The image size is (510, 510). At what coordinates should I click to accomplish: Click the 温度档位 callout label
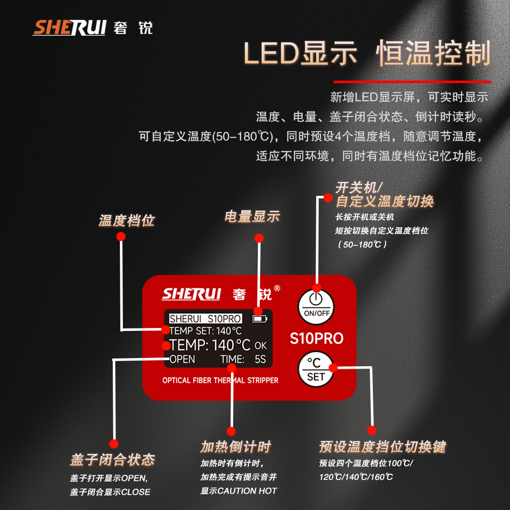click(x=126, y=221)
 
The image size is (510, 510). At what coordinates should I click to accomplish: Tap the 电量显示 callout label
click(x=252, y=216)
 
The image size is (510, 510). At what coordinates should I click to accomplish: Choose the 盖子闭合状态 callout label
click(x=112, y=460)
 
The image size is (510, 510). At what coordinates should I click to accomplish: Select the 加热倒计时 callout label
click(x=235, y=447)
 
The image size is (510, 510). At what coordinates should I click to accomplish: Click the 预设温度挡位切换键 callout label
click(x=382, y=447)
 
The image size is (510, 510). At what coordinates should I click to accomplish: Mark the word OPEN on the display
click(x=182, y=359)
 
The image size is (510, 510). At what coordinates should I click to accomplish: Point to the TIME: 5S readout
click(x=243, y=359)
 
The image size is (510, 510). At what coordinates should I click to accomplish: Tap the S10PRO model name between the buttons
click(x=316, y=339)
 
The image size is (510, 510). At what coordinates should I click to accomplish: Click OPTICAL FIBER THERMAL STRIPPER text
click(x=220, y=380)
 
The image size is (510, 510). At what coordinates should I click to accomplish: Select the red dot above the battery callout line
click(x=259, y=238)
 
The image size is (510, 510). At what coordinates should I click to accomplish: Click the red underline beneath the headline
click(x=412, y=81)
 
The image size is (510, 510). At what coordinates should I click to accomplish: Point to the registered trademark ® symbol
click(x=277, y=288)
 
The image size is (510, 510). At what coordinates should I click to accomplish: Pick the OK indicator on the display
click(x=260, y=346)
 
